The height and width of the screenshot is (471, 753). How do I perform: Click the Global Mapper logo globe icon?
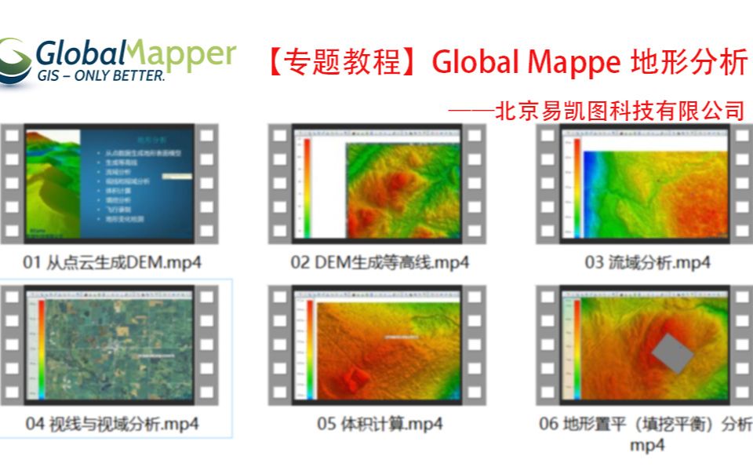16,60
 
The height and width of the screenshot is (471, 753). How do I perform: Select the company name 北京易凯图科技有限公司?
620,111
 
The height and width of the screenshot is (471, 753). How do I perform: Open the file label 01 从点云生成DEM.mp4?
111,262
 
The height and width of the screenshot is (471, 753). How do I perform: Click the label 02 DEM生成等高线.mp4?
380,262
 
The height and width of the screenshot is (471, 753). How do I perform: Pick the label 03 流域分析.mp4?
647,262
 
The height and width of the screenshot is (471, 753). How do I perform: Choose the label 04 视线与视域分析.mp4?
112,424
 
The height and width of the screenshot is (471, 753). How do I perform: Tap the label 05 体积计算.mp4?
380,424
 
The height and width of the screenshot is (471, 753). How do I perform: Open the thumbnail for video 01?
110,182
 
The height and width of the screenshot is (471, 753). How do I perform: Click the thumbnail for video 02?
377,182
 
